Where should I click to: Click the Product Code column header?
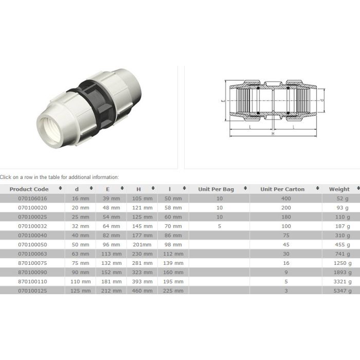[x=29, y=189]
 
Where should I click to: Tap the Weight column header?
[x=339, y=189]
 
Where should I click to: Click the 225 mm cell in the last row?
[x=173, y=291]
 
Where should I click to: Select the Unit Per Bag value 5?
[x=220, y=226]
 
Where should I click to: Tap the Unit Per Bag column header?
[x=216, y=189]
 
